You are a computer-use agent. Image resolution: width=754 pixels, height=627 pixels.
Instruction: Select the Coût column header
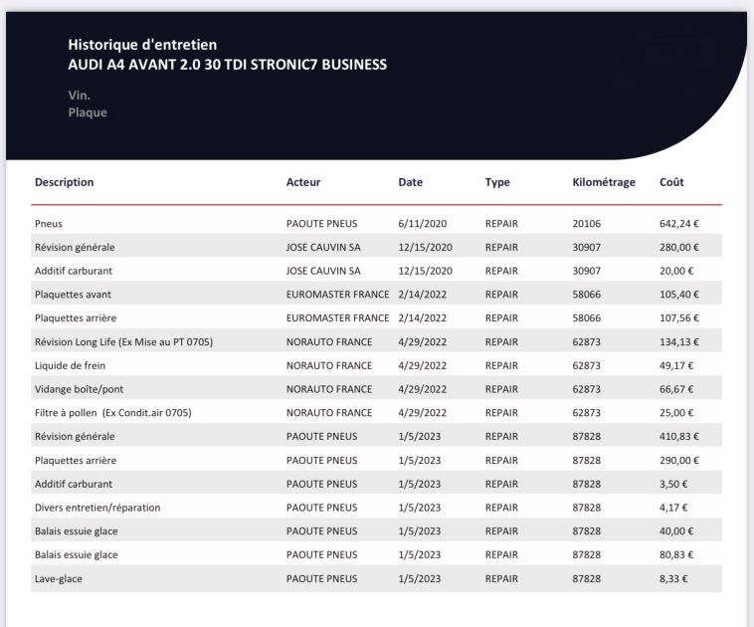coord(671,182)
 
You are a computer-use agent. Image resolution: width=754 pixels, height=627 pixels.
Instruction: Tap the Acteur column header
coord(303,182)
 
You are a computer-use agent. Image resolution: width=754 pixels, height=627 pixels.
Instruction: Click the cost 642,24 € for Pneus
coord(680,224)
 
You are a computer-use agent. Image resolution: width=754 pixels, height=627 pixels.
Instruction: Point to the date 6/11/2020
coord(423,224)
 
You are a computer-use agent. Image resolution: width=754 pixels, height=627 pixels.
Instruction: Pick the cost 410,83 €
coord(680,437)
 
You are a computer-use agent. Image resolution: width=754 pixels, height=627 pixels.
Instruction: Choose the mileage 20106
coord(587,224)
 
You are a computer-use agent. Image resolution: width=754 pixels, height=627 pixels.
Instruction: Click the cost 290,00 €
coord(680,461)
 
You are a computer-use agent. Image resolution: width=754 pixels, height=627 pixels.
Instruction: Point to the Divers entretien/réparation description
coord(97,508)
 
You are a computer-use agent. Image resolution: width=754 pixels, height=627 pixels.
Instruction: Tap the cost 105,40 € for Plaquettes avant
coord(680,295)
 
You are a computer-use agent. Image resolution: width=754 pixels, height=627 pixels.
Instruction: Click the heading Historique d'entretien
coord(142,45)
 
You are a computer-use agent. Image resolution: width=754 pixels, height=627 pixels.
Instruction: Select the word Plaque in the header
coord(88,112)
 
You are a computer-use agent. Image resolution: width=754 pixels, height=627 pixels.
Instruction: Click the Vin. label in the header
coord(80,96)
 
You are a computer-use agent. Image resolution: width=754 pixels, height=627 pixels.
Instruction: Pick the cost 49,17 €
coord(677,365)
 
